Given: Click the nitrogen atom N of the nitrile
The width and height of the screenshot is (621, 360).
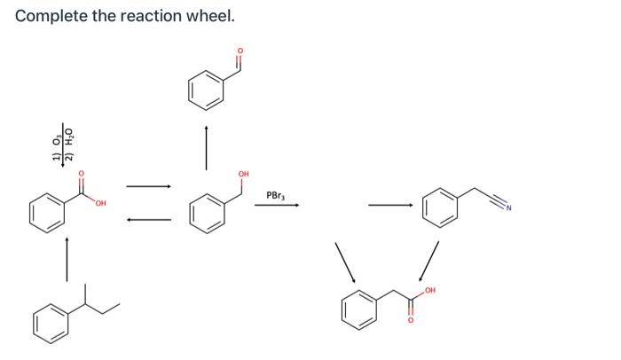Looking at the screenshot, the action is [x=511, y=209].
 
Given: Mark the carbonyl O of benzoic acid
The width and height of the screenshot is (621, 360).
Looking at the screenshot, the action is [x=81, y=174].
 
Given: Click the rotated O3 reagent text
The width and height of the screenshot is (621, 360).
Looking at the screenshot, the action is [x=59, y=143].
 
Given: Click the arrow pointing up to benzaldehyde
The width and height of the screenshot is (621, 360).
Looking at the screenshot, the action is [x=206, y=146].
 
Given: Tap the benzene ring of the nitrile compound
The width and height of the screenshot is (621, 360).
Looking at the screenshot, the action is [x=442, y=208].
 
